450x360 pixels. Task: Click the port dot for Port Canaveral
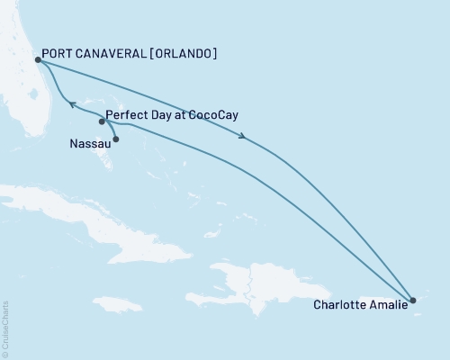point(36,60)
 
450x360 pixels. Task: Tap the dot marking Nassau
point(115,139)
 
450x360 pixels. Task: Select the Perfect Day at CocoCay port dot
point(102,121)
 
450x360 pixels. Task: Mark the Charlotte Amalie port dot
point(412,300)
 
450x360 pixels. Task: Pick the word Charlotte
point(340,304)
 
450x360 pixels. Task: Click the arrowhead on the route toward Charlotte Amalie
point(242,137)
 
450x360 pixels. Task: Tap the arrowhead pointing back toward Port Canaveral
point(74,106)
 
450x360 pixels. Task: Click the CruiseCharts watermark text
point(5,328)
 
